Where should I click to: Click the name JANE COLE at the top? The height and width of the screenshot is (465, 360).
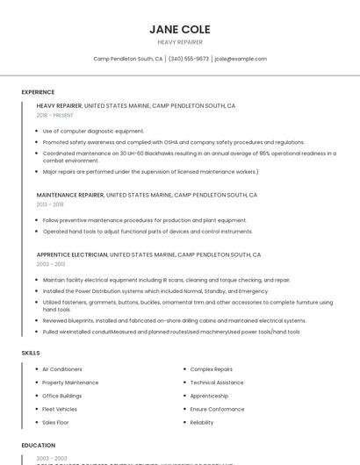180,29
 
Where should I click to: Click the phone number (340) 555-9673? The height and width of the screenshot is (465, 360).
189,59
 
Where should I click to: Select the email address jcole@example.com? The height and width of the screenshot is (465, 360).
241,59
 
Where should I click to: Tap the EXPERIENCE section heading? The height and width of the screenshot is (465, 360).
38,92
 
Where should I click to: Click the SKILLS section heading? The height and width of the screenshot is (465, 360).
31,353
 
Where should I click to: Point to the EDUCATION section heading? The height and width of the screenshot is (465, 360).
38,446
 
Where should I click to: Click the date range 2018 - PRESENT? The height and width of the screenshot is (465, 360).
55,115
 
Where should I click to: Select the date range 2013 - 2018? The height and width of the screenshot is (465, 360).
50,204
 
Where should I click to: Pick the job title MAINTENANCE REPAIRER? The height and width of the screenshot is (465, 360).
71,195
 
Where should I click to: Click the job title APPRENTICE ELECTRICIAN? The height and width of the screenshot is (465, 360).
72,254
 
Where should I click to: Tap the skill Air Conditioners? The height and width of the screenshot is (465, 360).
62,369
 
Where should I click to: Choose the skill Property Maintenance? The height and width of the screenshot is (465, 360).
70,383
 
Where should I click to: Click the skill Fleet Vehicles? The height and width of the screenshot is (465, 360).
60,409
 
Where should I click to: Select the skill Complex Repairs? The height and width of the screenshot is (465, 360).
212,369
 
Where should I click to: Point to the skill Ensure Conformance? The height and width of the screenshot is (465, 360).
217,409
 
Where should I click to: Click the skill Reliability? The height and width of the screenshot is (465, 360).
202,422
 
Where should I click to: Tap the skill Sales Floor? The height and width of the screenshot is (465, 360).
56,422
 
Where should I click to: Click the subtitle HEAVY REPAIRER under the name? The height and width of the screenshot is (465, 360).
180,42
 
